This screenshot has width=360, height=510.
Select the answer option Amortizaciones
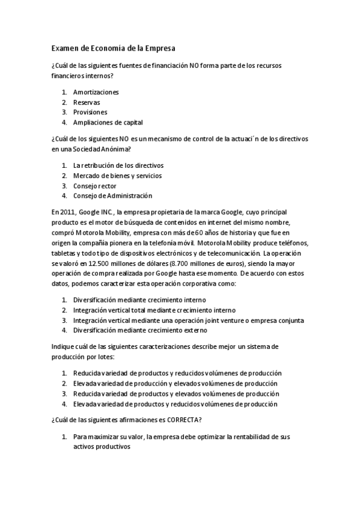pyautogui.click(x=96, y=92)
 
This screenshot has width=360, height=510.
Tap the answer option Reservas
pyautogui.click(x=87, y=102)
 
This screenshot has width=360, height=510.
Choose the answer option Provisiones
pyautogui.click(x=90, y=112)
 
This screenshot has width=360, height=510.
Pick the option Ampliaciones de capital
pyautogui.click(x=108, y=122)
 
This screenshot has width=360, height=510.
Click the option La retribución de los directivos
pyautogui.click(x=118, y=165)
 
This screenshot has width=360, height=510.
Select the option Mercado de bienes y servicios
pyautogui.click(x=117, y=176)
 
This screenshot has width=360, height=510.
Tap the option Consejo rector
pyautogui.click(x=94, y=186)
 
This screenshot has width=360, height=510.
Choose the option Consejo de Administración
pyautogui.click(x=112, y=195)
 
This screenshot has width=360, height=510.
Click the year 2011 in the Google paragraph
pyautogui.click(x=69, y=212)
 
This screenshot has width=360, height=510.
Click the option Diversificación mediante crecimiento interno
pyautogui.click(x=139, y=300)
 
